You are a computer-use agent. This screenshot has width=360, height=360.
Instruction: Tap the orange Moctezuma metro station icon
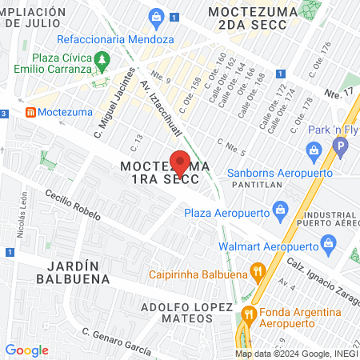tap(31, 112)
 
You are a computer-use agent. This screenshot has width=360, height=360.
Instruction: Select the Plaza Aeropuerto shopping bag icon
tap(280, 212)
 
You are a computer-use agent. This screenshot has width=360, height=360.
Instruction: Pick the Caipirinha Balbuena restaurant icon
tap(257, 270)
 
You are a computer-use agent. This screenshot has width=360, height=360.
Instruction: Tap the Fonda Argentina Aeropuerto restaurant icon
tap(249, 314)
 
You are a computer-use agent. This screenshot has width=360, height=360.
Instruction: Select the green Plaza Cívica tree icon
tap(102, 59)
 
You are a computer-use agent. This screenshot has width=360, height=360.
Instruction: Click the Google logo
tap(26, 350)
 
